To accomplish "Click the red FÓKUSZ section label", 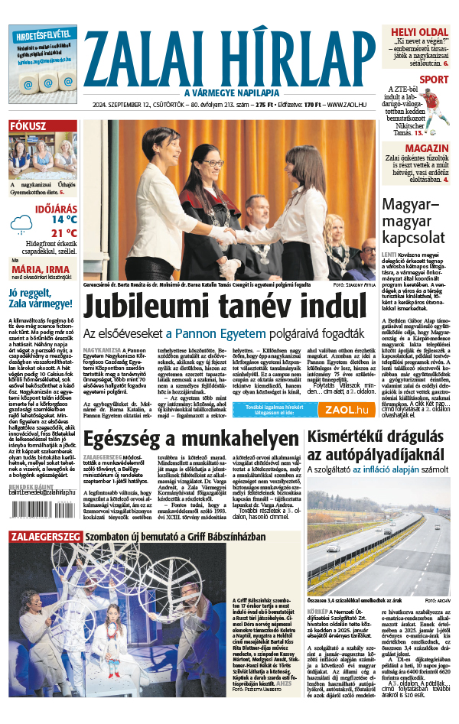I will coord(28,126).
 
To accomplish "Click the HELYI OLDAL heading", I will coord(419,32).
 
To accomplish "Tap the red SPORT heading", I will coord(434,79).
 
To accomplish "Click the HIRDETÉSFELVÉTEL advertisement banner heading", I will coord(43,34).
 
